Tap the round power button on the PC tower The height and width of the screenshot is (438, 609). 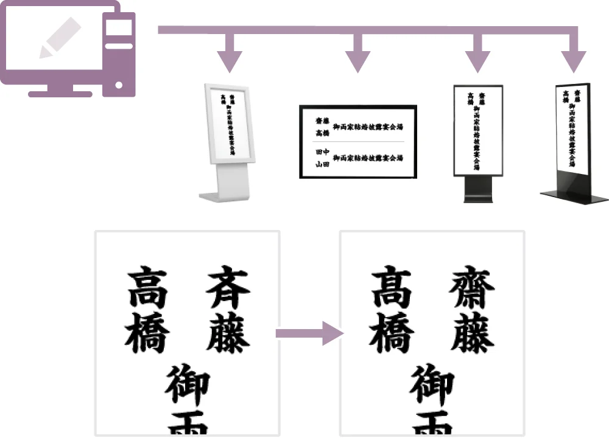[x=119, y=85]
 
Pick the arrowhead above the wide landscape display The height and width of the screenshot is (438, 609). [x=357, y=60]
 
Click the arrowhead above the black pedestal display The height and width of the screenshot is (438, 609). [x=477, y=60]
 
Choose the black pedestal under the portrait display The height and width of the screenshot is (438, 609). [x=477, y=190]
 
